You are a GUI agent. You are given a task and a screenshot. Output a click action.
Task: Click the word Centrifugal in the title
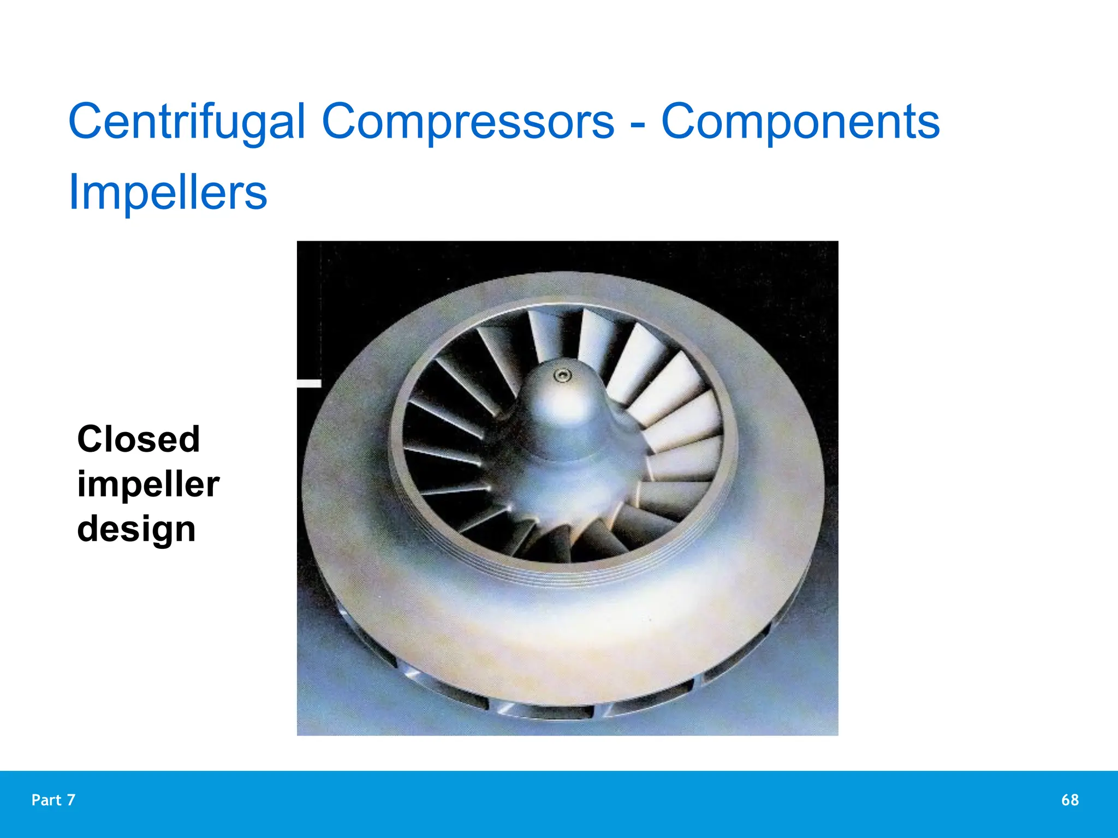pyautogui.click(x=186, y=122)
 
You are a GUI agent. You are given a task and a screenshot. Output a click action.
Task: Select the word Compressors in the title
pyautogui.click(x=468, y=122)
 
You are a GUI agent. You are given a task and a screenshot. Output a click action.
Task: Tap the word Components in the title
pyautogui.click(x=800, y=122)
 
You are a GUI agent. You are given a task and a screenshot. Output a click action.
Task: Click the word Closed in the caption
pyautogui.click(x=139, y=439)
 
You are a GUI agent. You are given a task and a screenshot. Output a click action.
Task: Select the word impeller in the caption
pyautogui.click(x=148, y=484)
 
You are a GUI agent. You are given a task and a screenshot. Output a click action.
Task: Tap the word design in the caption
pyautogui.click(x=136, y=529)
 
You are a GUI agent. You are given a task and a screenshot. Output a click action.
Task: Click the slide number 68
pyautogui.click(x=1069, y=800)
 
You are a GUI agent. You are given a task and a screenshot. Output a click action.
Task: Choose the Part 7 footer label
pyautogui.click(x=53, y=800)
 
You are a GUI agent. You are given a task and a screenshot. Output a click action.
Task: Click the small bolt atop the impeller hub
pyautogui.click(x=562, y=375)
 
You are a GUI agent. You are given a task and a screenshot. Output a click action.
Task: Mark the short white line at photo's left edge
pyautogui.click(x=309, y=384)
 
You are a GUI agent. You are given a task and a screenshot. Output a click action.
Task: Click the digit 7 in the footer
pyautogui.click(x=71, y=800)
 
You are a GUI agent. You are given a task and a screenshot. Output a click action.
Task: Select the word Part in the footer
pyautogui.click(x=46, y=800)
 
